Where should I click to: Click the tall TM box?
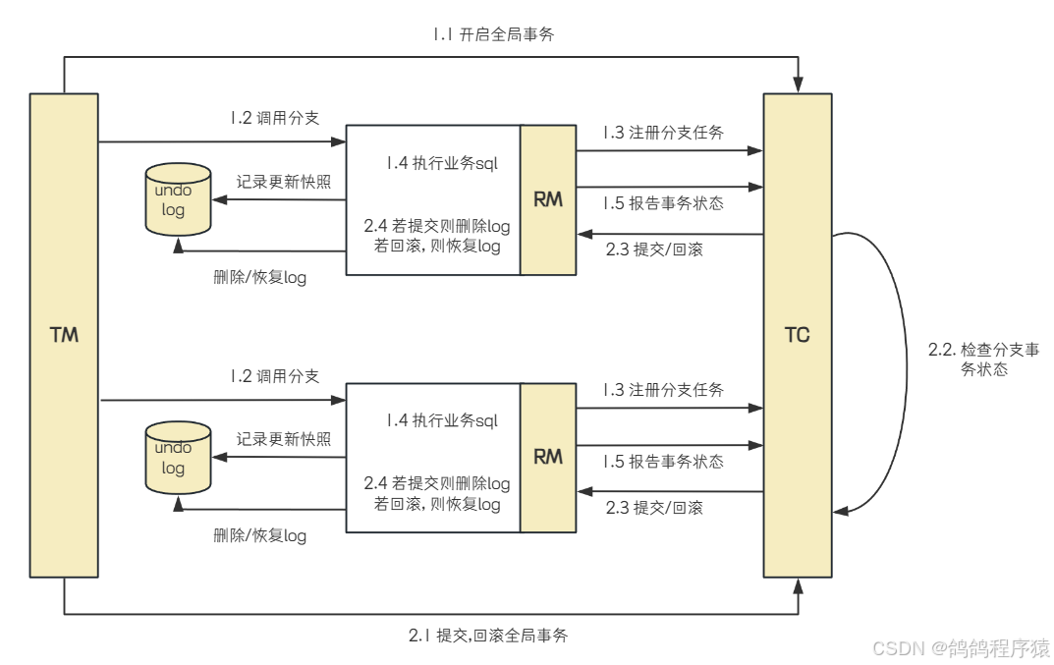point(64,335)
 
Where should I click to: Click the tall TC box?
point(798,335)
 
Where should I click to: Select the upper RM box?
point(548,199)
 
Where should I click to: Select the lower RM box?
point(548,457)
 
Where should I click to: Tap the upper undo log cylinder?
point(178,199)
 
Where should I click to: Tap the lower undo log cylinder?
point(178,458)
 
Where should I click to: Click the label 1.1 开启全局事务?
point(496,34)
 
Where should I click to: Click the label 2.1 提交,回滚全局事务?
point(487,636)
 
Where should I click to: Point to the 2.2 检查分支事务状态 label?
point(982,360)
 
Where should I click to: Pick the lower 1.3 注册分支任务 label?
point(663,390)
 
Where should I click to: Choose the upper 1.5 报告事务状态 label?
point(663,203)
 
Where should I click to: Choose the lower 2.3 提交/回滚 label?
point(654,508)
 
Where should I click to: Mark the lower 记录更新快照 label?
point(283,439)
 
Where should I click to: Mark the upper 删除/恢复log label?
point(259,277)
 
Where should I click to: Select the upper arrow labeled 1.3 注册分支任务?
point(668,151)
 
